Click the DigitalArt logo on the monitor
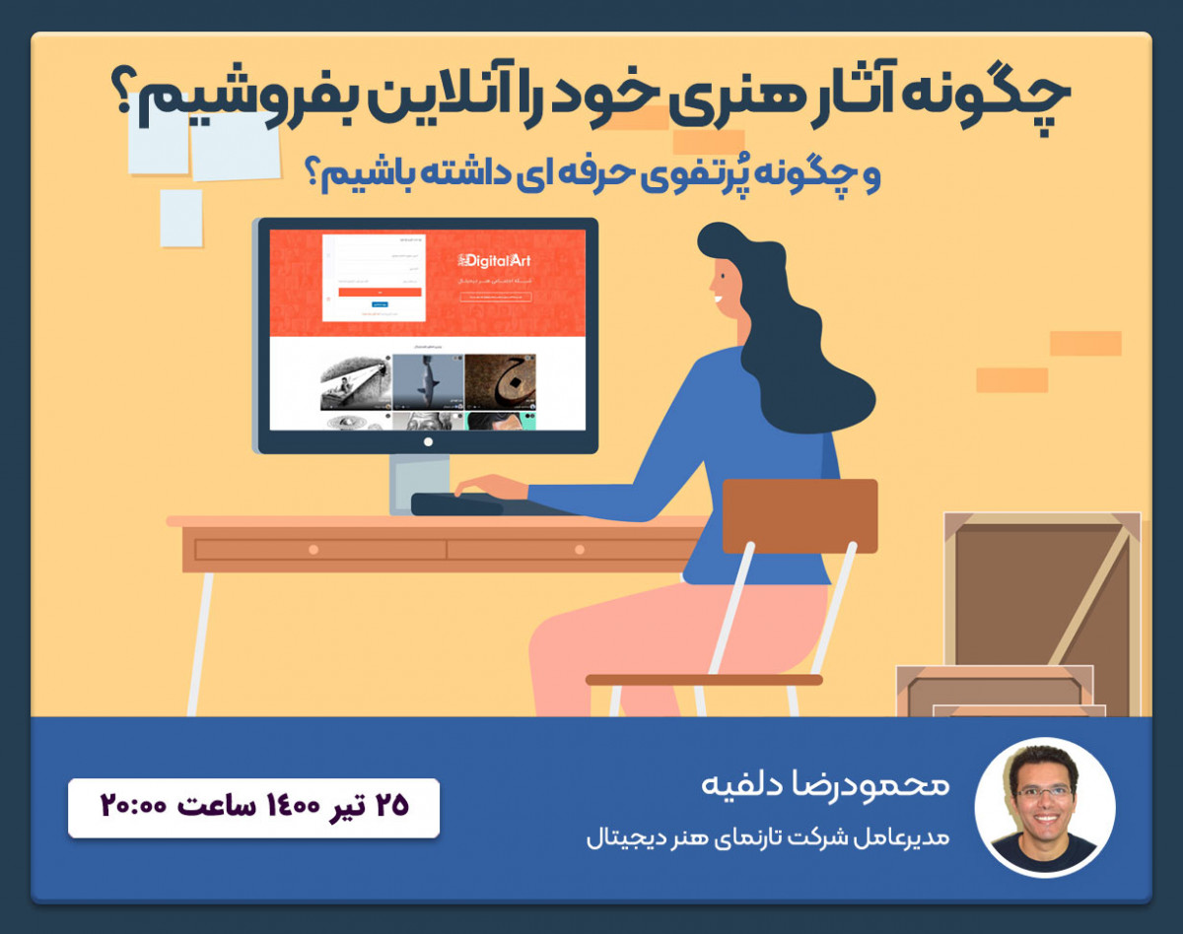click(x=494, y=261)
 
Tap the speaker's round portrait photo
click(x=1045, y=806)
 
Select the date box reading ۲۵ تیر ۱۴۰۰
click(x=253, y=808)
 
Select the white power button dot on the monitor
click(x=428, y=442)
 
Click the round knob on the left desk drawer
click(x=313, y=549)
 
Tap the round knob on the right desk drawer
click(x=579, y=549)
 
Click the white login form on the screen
click(x=374, y=277)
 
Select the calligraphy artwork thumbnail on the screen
click(x=500, y=382)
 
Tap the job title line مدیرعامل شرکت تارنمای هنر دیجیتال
click(x=767, y=839)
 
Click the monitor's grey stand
click(x=410, y=483)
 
